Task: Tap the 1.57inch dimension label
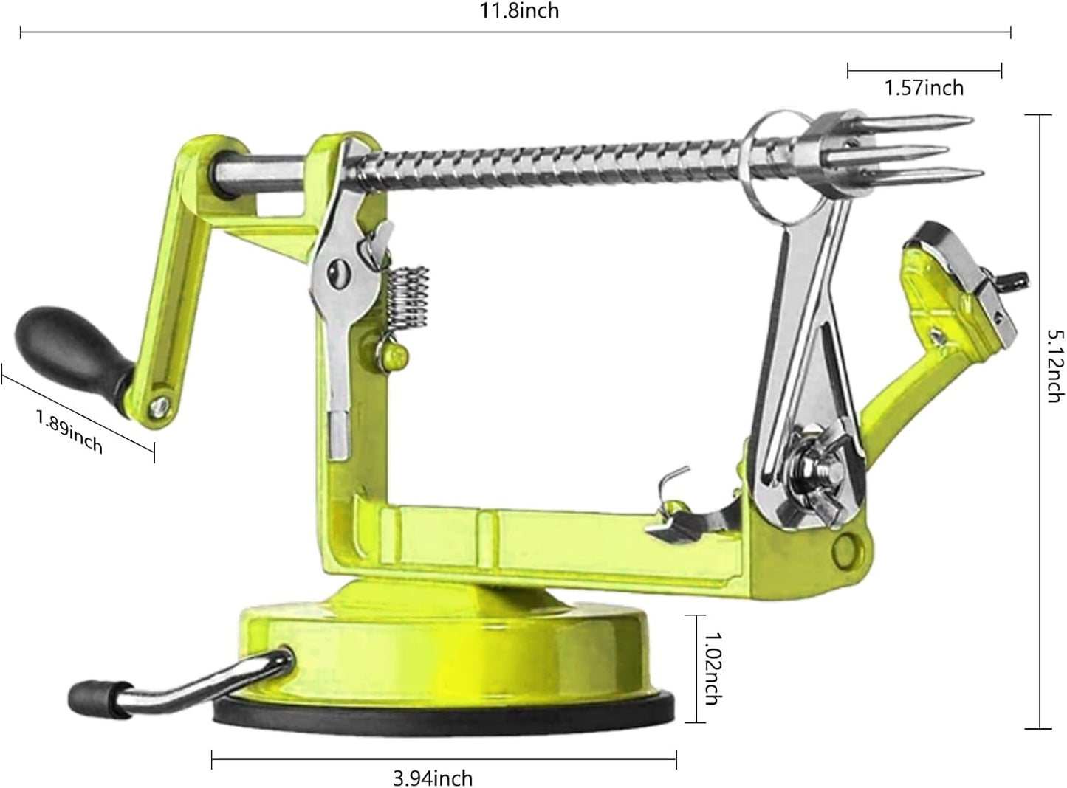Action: (x=924, y=89)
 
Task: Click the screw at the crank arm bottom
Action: (x=158, y=405)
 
